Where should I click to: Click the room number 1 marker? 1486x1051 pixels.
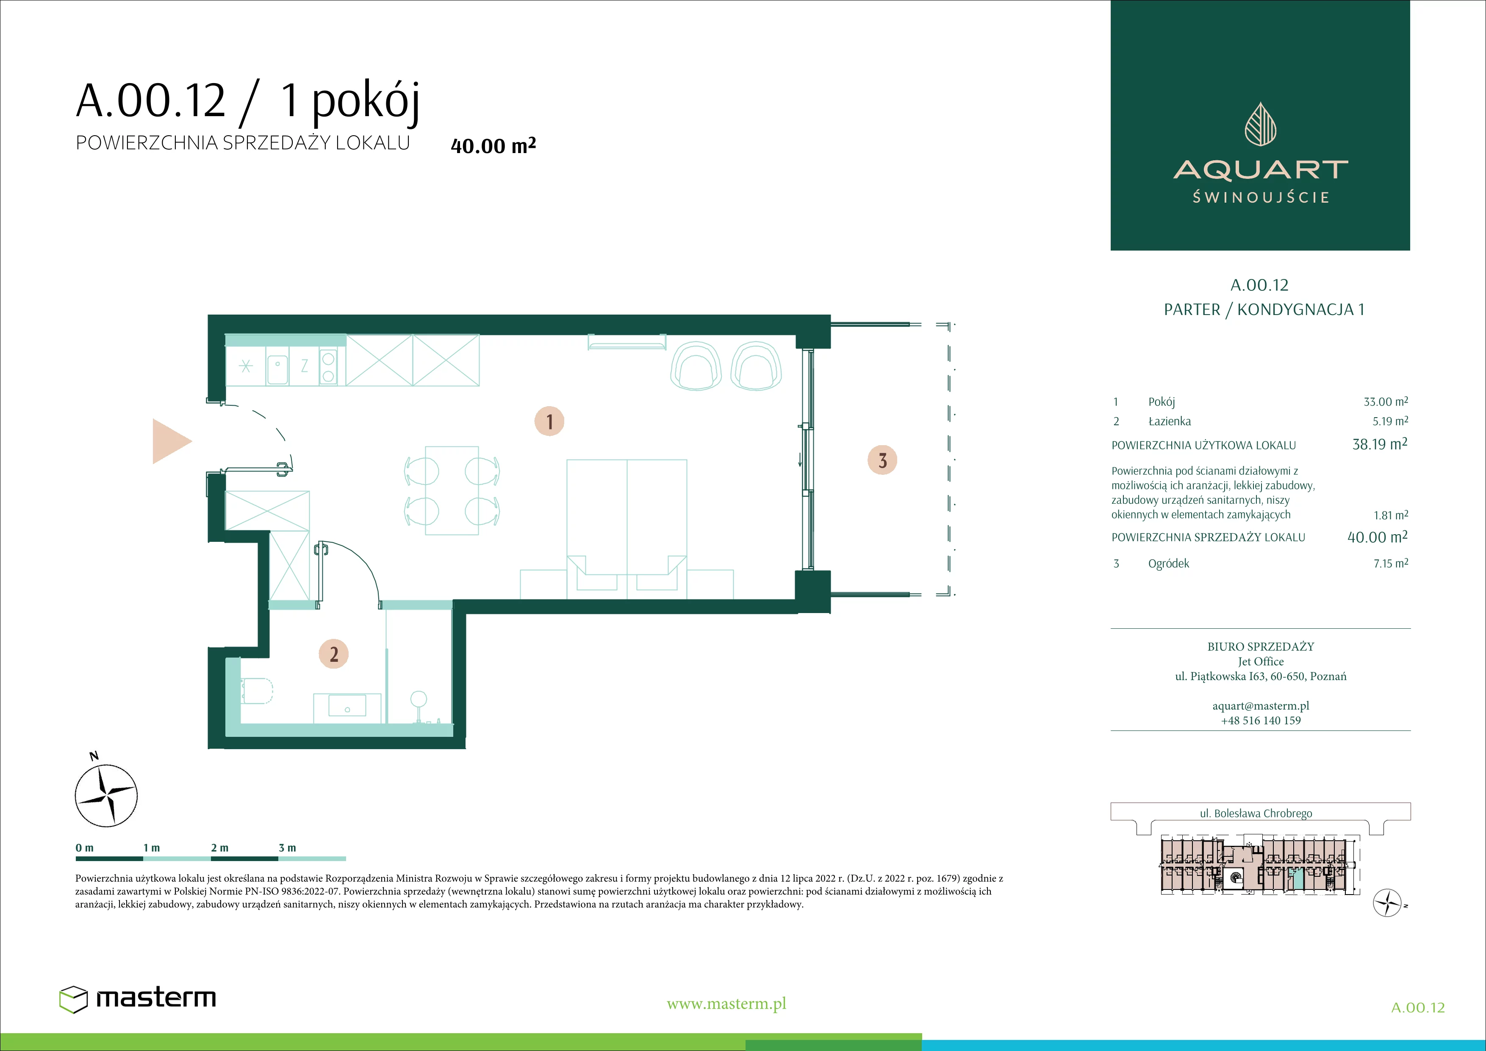549,421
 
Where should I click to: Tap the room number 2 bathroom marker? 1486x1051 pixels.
334,654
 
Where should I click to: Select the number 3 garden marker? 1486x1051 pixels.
882,460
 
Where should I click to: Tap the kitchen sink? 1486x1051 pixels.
277,367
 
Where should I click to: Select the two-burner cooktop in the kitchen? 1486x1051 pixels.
328,367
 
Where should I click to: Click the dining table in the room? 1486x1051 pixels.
452,490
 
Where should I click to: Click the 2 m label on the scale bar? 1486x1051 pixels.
219,847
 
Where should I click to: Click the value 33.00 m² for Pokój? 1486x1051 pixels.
1386,401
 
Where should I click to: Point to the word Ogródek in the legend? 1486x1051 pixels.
1168,563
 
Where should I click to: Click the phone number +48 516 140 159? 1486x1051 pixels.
1260,720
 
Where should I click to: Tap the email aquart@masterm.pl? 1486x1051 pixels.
1260,706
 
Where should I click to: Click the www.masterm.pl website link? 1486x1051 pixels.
726,1004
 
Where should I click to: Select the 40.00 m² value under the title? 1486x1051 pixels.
493,145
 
